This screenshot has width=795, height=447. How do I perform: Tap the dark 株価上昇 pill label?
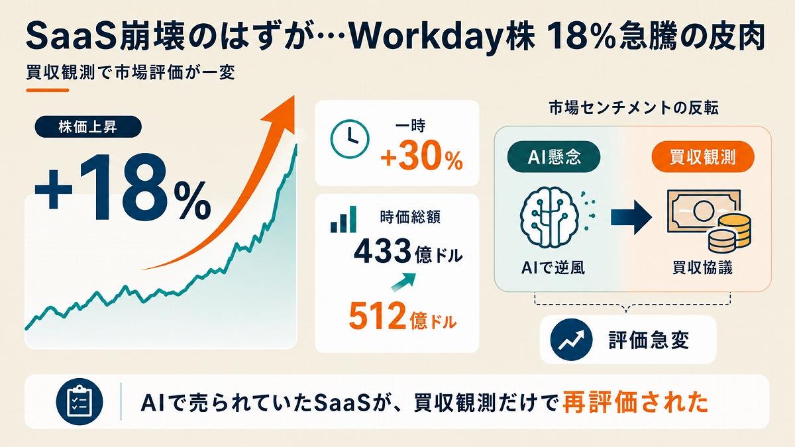[x=88, y=126]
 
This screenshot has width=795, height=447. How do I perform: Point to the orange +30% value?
[x=421, y=159]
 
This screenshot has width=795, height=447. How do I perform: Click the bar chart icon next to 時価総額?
[x=343, y=219]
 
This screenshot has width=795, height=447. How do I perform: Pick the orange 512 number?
[x=377, y=316]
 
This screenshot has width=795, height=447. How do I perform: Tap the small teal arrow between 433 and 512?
[x=403, y=282]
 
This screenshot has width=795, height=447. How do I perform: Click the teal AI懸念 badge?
[x=554, y=157]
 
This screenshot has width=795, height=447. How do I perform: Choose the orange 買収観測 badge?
[x=703, y=157]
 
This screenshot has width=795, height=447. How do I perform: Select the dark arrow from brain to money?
[x=631, y=217]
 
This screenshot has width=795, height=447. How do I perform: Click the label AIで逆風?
[x=553, y=268]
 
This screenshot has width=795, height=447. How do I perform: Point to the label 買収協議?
[x=702, y=268]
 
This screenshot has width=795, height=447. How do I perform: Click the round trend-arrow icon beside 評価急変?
[x=571, y=340]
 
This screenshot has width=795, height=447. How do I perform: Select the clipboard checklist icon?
[x=79, y=402]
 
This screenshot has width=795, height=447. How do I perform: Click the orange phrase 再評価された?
[x=635, y=403]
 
